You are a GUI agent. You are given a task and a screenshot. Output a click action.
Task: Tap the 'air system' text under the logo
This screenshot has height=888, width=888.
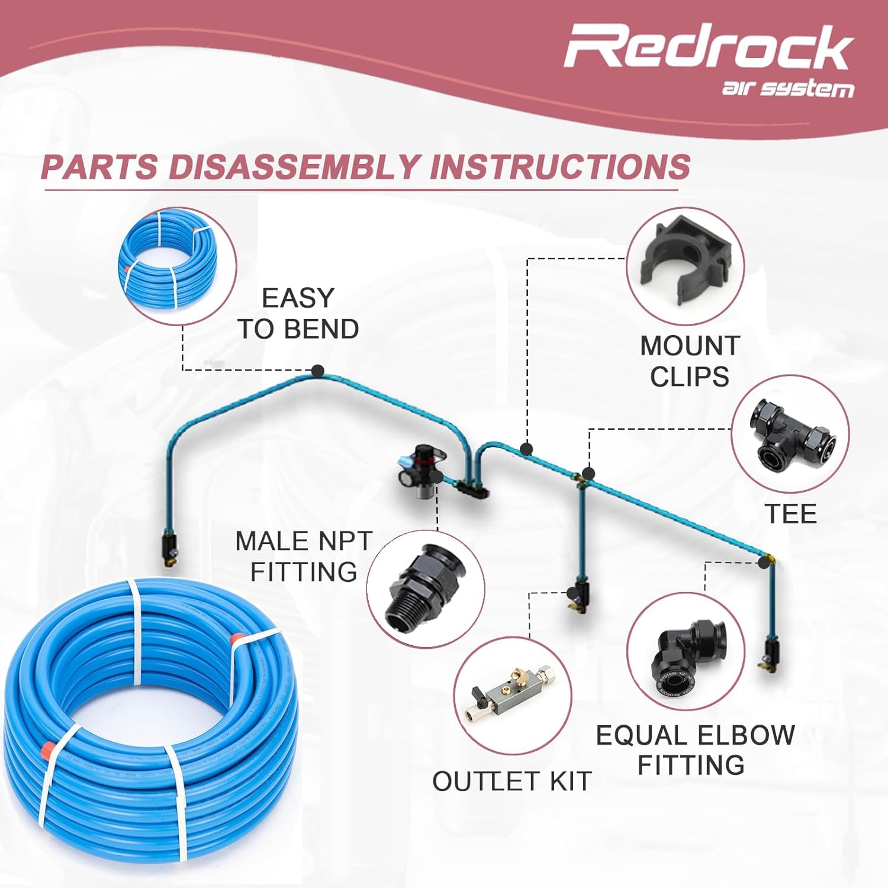click(x=787, y=89)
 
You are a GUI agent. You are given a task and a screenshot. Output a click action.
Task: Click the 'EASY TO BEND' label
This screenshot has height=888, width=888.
click(x=298, y=314)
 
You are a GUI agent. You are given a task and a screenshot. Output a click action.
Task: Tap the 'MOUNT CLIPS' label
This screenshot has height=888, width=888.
click(x=690, y=361)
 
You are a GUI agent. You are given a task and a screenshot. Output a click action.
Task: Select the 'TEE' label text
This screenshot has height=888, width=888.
click(x=790, y=513)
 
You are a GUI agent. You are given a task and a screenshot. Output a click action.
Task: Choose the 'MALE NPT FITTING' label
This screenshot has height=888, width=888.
click(x=303, y=556)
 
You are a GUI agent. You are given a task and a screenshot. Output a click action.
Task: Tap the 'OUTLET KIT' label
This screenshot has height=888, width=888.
click(x=512, y=781)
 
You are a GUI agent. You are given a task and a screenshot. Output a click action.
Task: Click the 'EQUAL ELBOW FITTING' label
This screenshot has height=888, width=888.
click(x=694, y=750)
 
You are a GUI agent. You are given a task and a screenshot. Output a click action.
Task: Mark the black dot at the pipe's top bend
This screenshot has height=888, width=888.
click(x=318, y=371)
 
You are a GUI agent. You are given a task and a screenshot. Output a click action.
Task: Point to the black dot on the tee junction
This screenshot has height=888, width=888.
click(x=588, y=474)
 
